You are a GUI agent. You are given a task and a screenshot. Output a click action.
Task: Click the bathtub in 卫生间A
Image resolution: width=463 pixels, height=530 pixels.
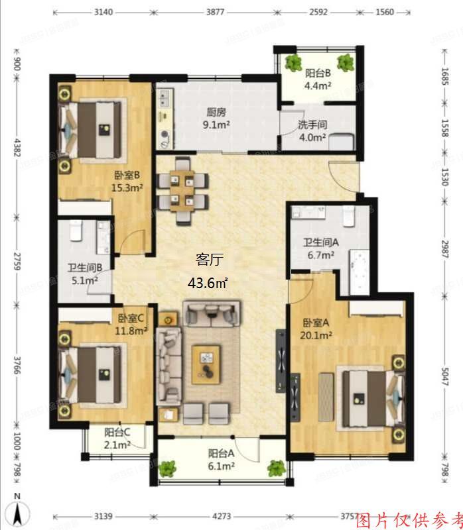pyautogui.click(x=358, y=268)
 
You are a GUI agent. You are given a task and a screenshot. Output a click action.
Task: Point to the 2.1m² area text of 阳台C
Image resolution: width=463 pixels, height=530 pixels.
pyautogui.click(x=117, y=445)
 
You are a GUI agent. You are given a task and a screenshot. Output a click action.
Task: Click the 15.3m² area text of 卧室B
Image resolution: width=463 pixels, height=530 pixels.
pyautogui.click(x=127, y=187)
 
